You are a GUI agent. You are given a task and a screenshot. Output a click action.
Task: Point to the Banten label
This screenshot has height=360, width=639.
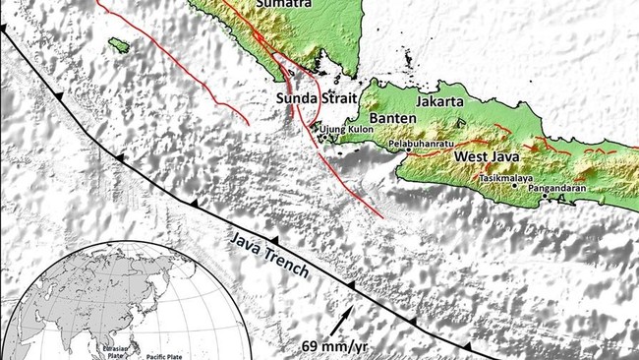(x=394, y=119)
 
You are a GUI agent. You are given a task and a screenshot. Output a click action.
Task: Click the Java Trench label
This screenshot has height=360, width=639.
(x=270, y=254)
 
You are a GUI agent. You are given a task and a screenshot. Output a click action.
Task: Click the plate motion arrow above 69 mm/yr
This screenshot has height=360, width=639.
(x=338, y=322)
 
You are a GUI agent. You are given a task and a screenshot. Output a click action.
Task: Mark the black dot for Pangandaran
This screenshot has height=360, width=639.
(x=548, y=195)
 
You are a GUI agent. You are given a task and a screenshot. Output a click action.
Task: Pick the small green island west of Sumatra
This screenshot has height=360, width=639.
(x=119, y=45)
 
